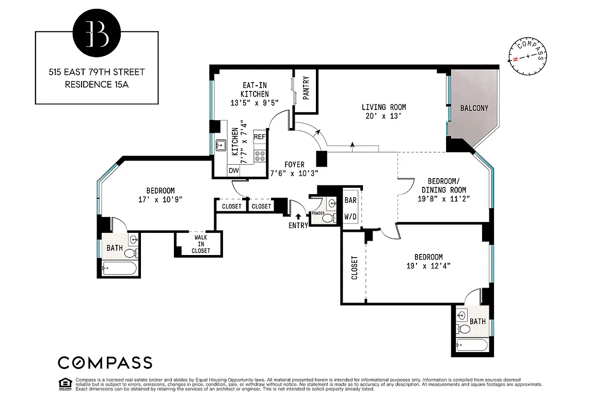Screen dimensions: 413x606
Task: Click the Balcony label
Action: click(x=474, y=108)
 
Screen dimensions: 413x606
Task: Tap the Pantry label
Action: click(x=306, y=88)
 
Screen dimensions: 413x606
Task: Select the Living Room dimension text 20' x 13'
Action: click(x=384, y=117)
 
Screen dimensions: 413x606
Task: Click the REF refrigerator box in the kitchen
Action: click(x=260, y=137)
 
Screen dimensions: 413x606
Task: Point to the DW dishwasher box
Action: click(x=233, y=170)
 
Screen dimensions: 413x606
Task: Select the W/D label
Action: click(x=350, y=217)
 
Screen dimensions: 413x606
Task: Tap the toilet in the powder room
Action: click(x=327, y=218)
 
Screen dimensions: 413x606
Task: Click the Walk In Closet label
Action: click(x=201, y=244)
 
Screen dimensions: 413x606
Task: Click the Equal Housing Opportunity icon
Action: click(x=66, y=384)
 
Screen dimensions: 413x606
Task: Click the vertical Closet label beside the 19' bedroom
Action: click(x=355, y=267)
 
